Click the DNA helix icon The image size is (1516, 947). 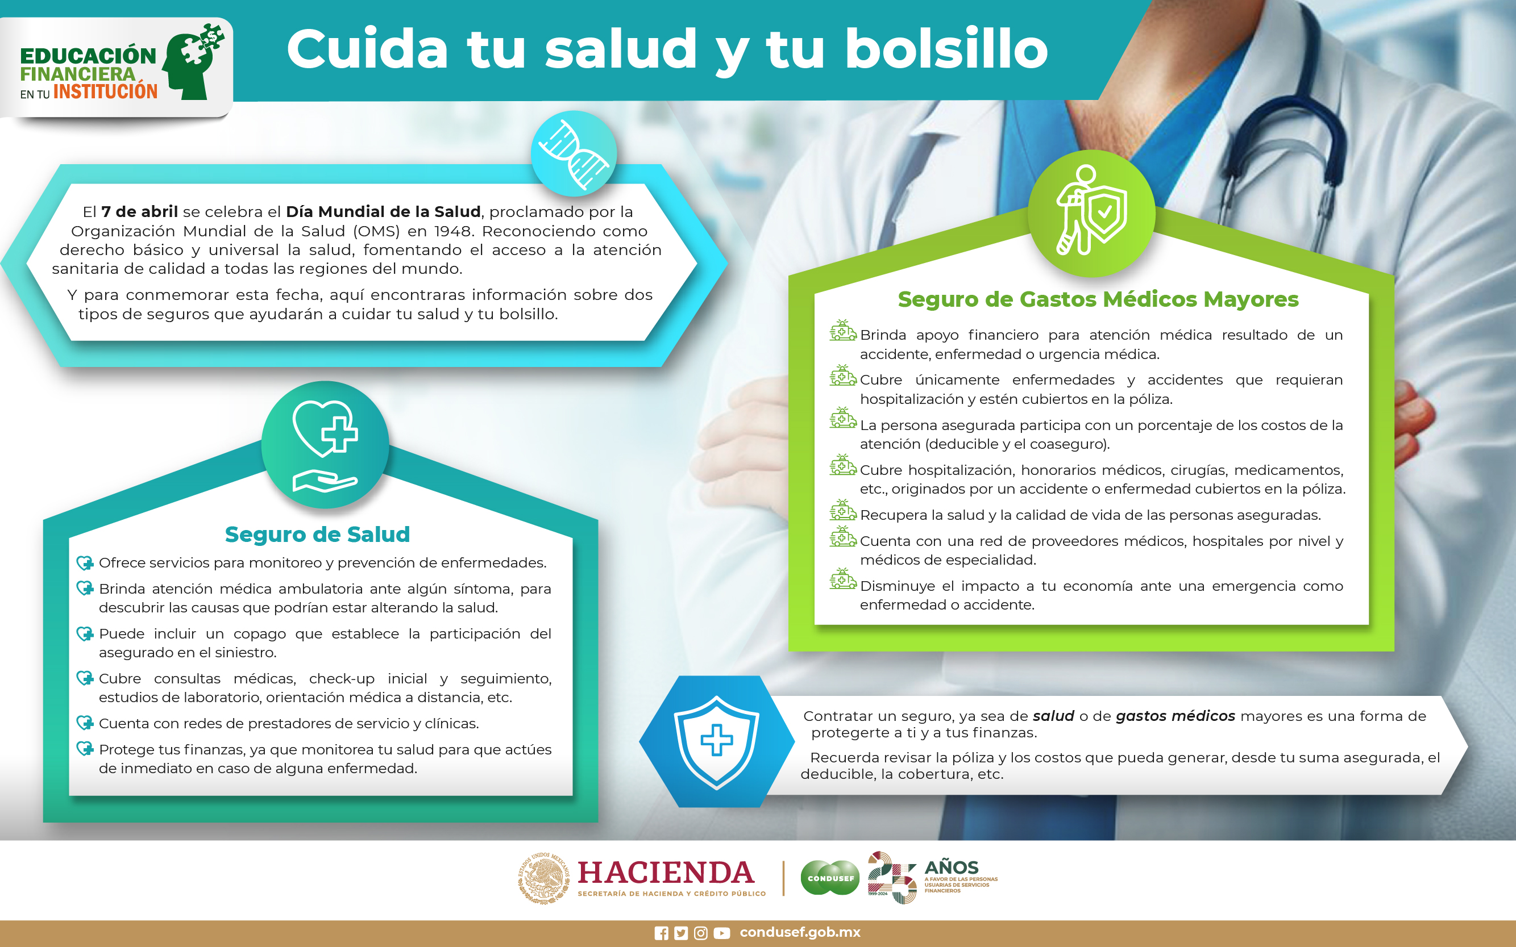tap(574, 154)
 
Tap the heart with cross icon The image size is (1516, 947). tap(325, 445)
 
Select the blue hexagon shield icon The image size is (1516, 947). tap(716, 741)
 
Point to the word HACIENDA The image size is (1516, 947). tap(665, 873)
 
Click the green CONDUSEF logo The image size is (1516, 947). tap(830, 878)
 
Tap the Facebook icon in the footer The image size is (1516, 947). tap(661, 933)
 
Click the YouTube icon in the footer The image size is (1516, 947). tap(721, 933)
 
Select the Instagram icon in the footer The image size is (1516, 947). tap(701, 933)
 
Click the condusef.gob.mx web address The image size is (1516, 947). tap(800, 932)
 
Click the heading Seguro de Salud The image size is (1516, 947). tap(317, 534)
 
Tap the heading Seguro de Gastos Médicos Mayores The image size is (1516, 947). tap(1098, 299)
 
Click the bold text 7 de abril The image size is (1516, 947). tap(140, 212)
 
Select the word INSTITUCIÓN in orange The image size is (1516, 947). tap(105, 91)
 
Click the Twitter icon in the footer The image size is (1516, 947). tap(681, 933)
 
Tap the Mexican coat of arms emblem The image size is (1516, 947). tap(544, 878)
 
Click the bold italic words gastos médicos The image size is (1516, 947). tap(1175, 716)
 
